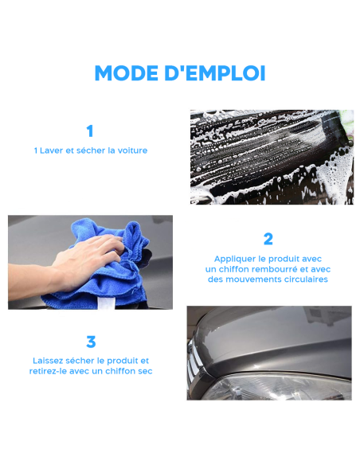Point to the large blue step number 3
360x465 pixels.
[x=91, y=342]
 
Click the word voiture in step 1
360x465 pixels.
[x=132, y=150]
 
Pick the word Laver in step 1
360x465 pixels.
[x=52, y=150]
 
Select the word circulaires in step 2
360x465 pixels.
[x=303, y=279]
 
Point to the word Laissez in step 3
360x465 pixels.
[x=49, y=361]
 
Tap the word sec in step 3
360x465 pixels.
[x=144, y=371]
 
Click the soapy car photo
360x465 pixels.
[x=271, y=157]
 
